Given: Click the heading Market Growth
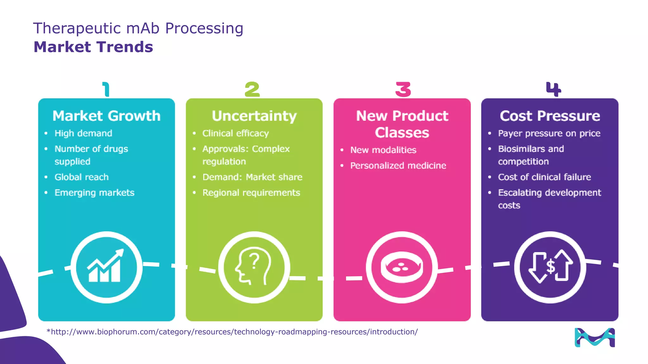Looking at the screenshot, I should [x=106, y=116].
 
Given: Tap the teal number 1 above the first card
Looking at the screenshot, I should [x=106, y=89].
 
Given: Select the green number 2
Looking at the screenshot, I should [x=252, y=89].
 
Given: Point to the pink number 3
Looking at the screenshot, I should [x=403, y=89].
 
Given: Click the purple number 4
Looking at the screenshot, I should [x=553, y=89].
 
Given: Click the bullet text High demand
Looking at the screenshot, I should [x=83, y=133].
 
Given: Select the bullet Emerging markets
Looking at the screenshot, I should [x=94, y=193].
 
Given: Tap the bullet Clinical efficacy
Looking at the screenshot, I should [x=235, y=133].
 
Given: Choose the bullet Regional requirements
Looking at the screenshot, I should [x=251, y=193].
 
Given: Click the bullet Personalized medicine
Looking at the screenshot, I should [x=398, y=166].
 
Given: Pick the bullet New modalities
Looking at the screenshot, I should [x=383, y=150].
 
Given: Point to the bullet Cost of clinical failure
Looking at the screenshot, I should [x=544, y=177].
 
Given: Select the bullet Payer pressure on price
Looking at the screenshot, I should [x=549, y=133].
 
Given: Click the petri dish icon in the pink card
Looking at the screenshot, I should [x=402, y=267].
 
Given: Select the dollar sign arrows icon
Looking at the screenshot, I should [x=550, y=267].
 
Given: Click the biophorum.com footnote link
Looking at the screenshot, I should [x=232, y=332].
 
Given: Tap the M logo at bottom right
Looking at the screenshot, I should [x=595, y=337].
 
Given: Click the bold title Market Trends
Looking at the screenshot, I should [x=93, y=47].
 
